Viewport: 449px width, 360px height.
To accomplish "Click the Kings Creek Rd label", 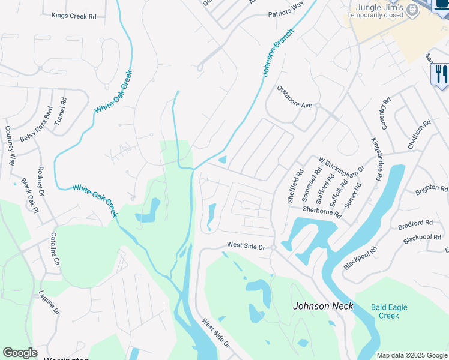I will point(74,16).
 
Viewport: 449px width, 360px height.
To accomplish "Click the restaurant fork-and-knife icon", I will point(440,74).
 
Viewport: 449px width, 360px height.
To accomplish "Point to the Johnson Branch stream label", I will point(278,52).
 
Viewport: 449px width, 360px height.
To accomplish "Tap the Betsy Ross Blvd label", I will point(37,124).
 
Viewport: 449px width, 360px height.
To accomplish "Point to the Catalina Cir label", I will point(55,249).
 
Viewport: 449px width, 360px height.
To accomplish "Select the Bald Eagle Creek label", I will point(389,311).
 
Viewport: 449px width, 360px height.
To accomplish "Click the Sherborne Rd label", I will point(322,212).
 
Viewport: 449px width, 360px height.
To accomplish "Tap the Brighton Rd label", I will point(432,190).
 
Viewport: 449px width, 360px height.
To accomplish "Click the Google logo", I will point(20,353).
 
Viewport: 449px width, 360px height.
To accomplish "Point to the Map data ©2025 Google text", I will point(411,355).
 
